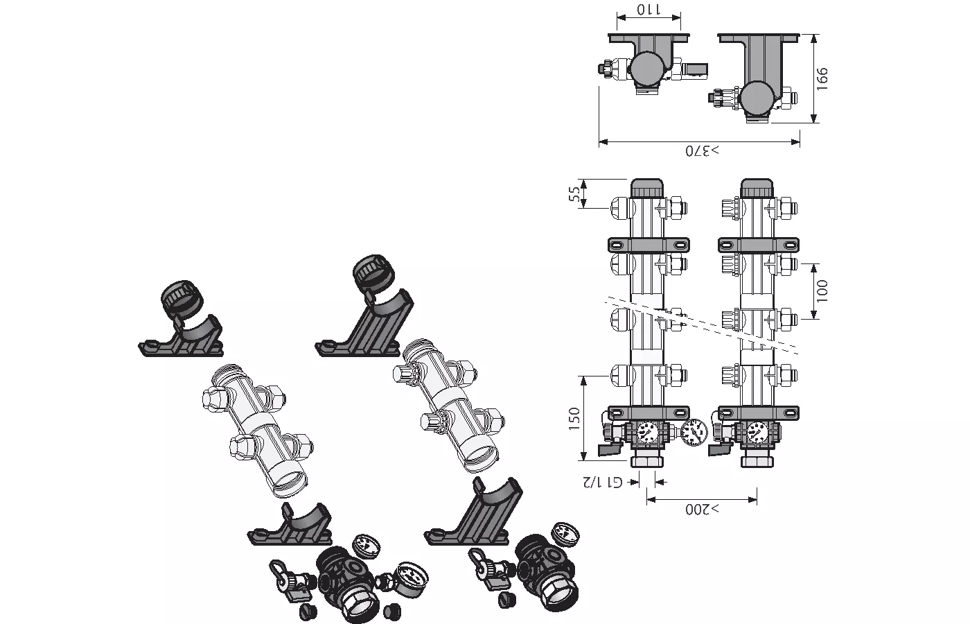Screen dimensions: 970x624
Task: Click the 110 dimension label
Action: click(649, 10)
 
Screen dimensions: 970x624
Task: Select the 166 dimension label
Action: click(822, 78)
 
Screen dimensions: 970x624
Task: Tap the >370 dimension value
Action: click(702, 151)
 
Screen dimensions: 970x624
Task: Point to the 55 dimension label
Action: click(574, 193)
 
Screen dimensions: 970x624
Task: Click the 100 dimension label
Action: click(822, 291)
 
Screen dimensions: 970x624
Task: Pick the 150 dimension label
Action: click(574, 419)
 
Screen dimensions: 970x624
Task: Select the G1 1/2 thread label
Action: click(602, 482)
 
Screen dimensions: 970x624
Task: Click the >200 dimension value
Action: click(702, 509)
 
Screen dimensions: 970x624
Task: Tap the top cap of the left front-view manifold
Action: click(647, 188)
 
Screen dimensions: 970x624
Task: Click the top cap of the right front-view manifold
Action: click(757, 188)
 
